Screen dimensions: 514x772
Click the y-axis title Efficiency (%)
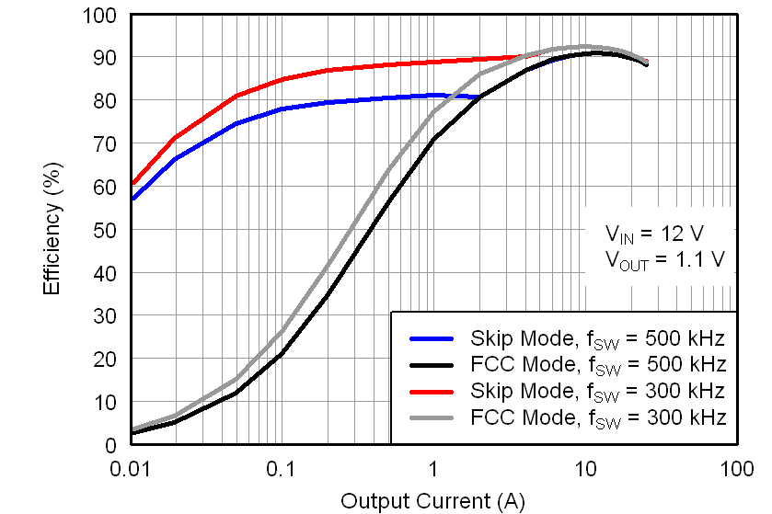point(52,230)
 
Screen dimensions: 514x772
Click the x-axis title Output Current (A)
point(432,500)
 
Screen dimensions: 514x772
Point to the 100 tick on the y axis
point(101,16)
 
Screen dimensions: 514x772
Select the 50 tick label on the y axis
point(106,230)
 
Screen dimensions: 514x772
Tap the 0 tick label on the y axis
point(111,445)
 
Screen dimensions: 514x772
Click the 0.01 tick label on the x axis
point(132,468)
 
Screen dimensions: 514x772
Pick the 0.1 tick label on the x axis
point(282,468)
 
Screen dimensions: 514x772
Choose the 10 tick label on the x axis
point(585,468)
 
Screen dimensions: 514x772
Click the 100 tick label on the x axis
point(736,468)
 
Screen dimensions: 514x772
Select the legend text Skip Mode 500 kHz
point(598,337)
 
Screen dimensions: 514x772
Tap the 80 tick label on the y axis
point(106,101)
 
